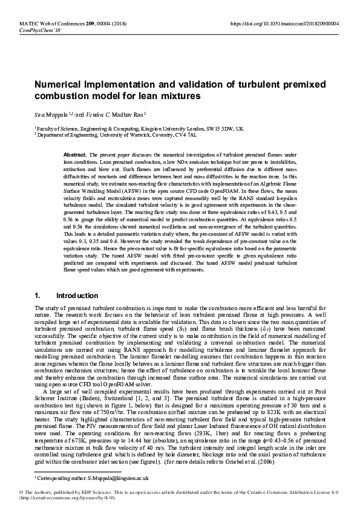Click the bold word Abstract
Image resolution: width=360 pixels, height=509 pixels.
pos(75,155)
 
